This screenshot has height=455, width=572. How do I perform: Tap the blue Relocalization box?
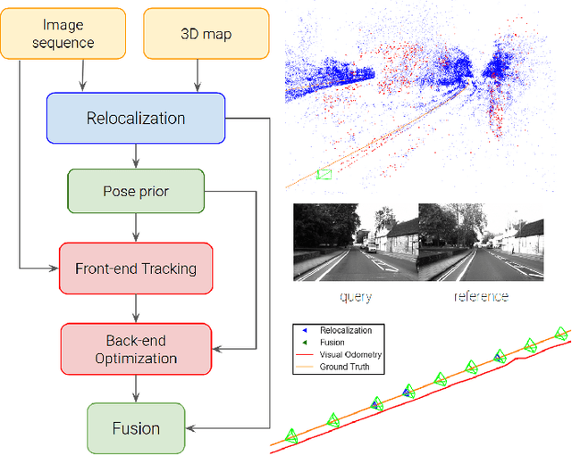click(x=136, y=119)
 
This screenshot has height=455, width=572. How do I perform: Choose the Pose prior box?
click(x=136, y=191)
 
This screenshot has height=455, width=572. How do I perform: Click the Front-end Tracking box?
click(x=136, y=268)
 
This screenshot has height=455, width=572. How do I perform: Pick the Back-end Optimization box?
click(x=136, y=349)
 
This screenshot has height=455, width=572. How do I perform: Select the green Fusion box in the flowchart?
click(x=136, y=428)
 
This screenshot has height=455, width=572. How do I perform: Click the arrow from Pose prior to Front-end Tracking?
click(x=136, y=227)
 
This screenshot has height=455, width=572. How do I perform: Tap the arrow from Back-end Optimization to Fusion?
click(x=136, y=388)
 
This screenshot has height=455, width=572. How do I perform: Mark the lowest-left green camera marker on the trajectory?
click(x=291, y=436)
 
